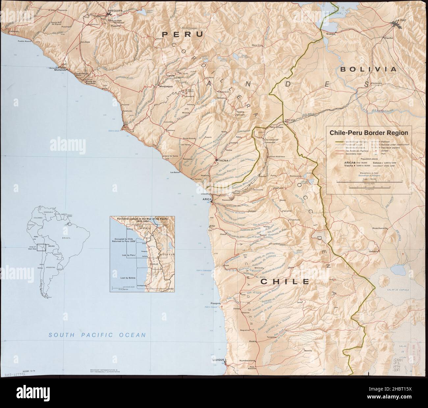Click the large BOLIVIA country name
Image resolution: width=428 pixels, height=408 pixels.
tap(368, 69)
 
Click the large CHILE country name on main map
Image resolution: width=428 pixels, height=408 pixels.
tap(285, 282)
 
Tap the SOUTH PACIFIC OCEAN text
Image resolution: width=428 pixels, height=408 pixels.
tap(97, 335)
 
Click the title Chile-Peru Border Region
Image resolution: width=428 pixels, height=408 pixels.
tap(367, 133)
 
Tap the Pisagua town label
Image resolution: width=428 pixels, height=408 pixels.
tap(215, 303)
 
